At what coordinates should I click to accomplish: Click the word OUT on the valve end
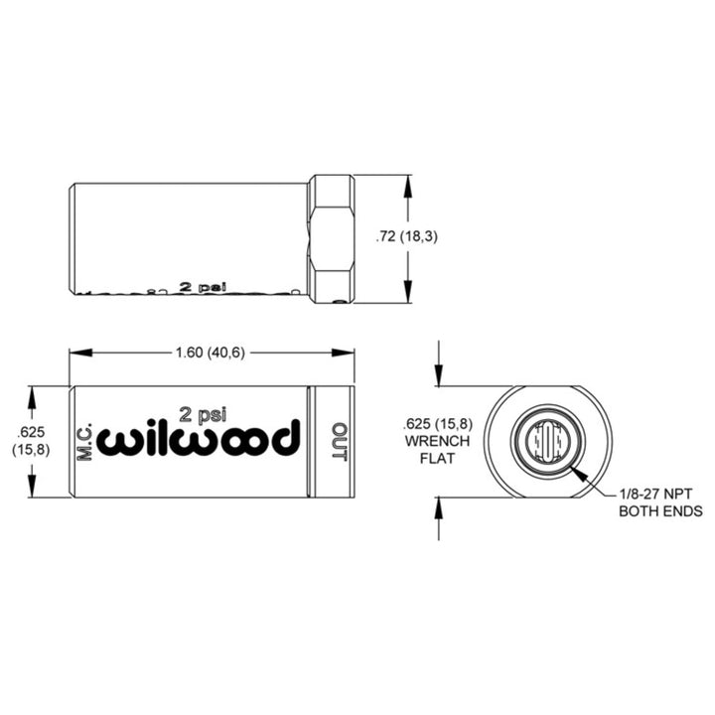[x=339, y=442]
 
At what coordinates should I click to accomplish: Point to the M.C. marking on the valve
[x=84, y=442]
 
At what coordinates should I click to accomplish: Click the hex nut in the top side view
[x=331, y=238]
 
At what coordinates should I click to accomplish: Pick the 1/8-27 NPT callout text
[x=660, y=494]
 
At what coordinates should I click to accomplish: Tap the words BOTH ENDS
[x=660, y=511]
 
